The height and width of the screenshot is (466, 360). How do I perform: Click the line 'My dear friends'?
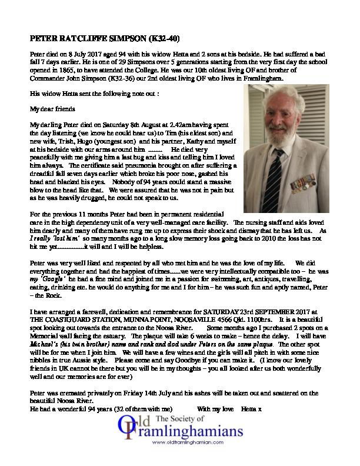click(50, 108)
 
